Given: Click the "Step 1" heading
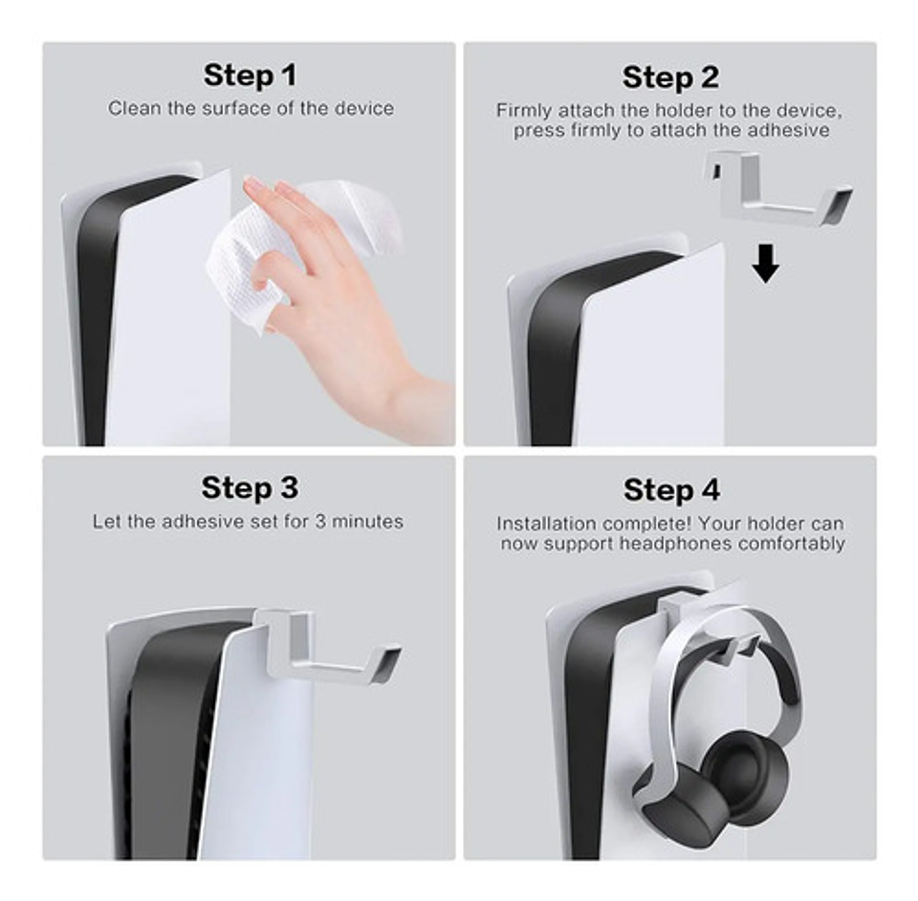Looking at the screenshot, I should click(x=250, y=75).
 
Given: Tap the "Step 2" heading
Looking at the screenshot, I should click(x=670, y=77).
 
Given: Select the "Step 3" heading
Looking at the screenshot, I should click(x=250, y=488).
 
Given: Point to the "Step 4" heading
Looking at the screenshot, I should click(x=670, y=490).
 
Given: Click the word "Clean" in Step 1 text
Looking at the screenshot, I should click(x=135, y=108).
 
